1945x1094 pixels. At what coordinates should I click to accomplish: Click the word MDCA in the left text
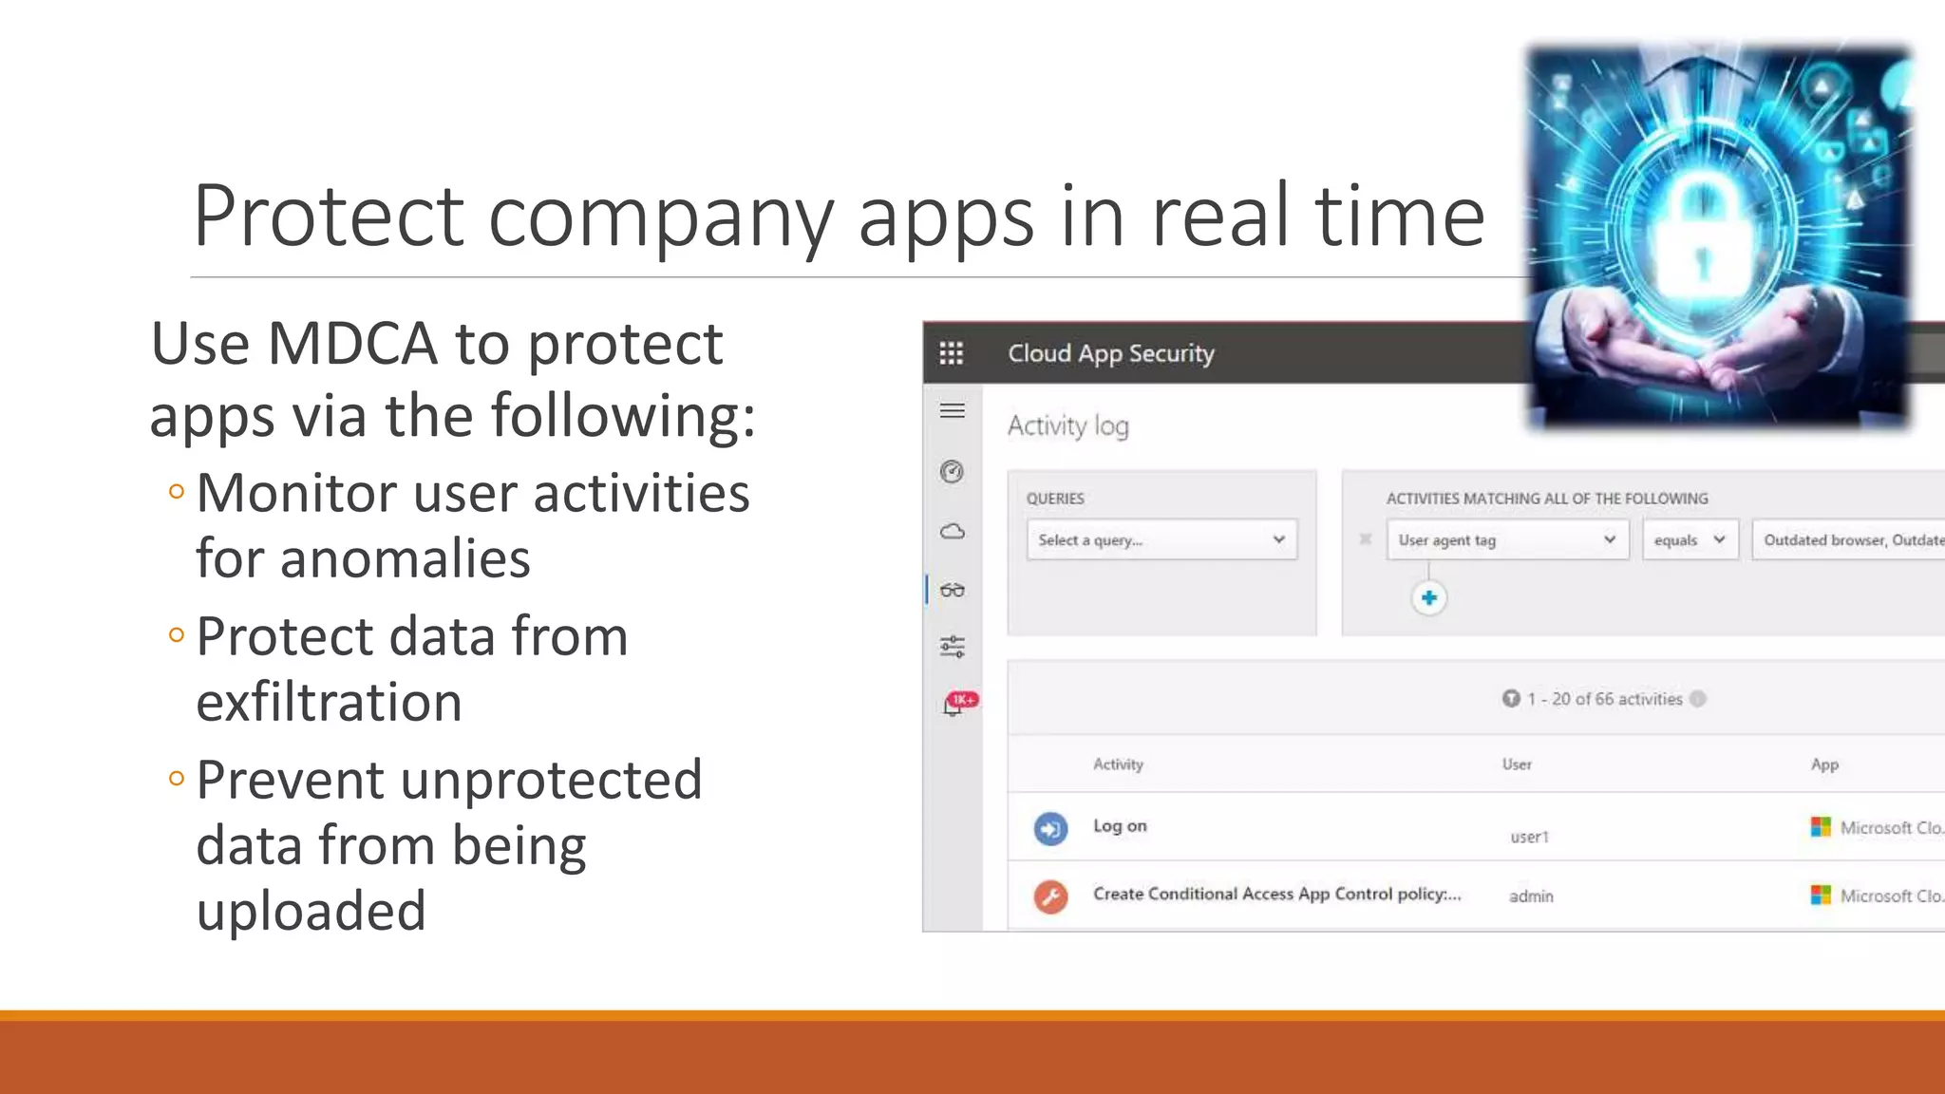352,344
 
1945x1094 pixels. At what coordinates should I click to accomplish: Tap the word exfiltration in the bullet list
329,702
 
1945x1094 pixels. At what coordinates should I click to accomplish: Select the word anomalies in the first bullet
363,558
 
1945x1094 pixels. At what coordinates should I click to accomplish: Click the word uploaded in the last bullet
311,911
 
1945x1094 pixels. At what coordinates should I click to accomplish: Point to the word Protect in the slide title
328,216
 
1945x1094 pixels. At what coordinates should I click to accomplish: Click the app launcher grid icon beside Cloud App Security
951,353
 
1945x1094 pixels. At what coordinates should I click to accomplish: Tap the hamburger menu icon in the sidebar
952,411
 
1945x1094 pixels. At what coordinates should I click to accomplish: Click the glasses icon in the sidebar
952,590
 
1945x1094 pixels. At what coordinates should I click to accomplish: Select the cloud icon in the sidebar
952,531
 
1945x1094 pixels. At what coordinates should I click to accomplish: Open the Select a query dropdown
1161,539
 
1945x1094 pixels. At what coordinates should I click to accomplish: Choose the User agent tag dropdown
1506,539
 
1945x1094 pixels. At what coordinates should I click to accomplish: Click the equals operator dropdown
1690,539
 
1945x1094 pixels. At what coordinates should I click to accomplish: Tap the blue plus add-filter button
1428,598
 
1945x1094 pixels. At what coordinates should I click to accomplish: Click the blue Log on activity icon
1050,828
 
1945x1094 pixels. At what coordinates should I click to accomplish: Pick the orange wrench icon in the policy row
1050,896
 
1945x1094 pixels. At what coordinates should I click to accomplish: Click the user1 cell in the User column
1529,837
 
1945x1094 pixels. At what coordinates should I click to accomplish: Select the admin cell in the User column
1531,896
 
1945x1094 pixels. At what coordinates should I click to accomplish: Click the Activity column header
1118,764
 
